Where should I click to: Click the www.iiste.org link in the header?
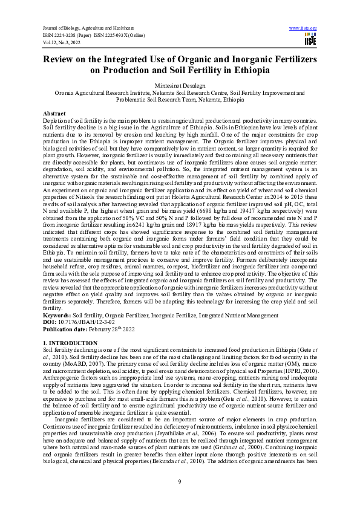(303, 28)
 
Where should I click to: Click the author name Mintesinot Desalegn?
(180, 86)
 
